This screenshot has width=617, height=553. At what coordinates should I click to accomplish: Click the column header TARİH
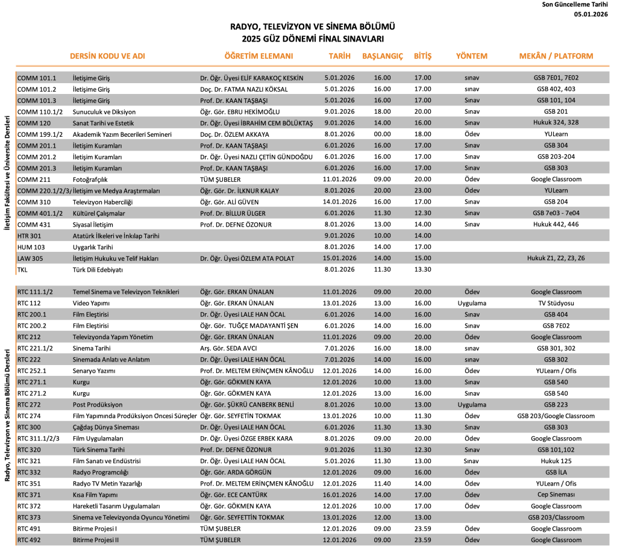point(339,56)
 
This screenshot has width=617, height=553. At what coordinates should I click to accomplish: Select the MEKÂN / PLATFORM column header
point(556,56)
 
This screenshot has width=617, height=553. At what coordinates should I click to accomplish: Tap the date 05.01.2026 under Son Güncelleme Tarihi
point(591,14)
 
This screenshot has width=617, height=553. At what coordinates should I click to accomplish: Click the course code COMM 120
point(33,123)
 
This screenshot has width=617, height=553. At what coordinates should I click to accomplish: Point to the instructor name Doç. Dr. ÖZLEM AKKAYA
point(235,134)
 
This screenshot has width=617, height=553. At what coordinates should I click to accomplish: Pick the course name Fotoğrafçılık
point(92,180)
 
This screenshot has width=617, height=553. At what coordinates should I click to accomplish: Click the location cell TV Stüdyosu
point(556,303)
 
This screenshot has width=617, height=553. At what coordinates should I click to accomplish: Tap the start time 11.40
point(382,483)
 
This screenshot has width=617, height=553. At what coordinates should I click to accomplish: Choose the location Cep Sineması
point(556,495)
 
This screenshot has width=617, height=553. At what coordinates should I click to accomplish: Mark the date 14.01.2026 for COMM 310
point(339,202)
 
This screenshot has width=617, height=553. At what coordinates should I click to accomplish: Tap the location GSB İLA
point(556,472)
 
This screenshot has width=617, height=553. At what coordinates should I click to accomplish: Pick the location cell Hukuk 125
point(556,461)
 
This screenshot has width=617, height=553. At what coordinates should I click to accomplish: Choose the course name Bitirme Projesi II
point(96,540)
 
